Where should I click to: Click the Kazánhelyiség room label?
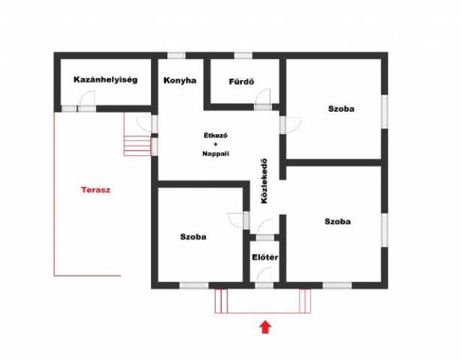105,80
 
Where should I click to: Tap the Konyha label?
180,81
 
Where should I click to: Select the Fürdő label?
241,82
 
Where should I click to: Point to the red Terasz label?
96,190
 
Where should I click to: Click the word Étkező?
216,136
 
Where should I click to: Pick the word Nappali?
216,154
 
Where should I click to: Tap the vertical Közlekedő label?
264,181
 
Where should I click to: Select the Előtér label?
265,258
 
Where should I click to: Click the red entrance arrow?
266,327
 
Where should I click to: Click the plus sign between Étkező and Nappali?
216,144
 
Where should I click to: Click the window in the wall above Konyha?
176,56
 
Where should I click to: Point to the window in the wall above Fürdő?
243,56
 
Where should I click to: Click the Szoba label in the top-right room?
341,109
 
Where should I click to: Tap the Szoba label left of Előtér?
193,237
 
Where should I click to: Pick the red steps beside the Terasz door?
137,146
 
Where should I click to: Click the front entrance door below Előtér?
264,285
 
